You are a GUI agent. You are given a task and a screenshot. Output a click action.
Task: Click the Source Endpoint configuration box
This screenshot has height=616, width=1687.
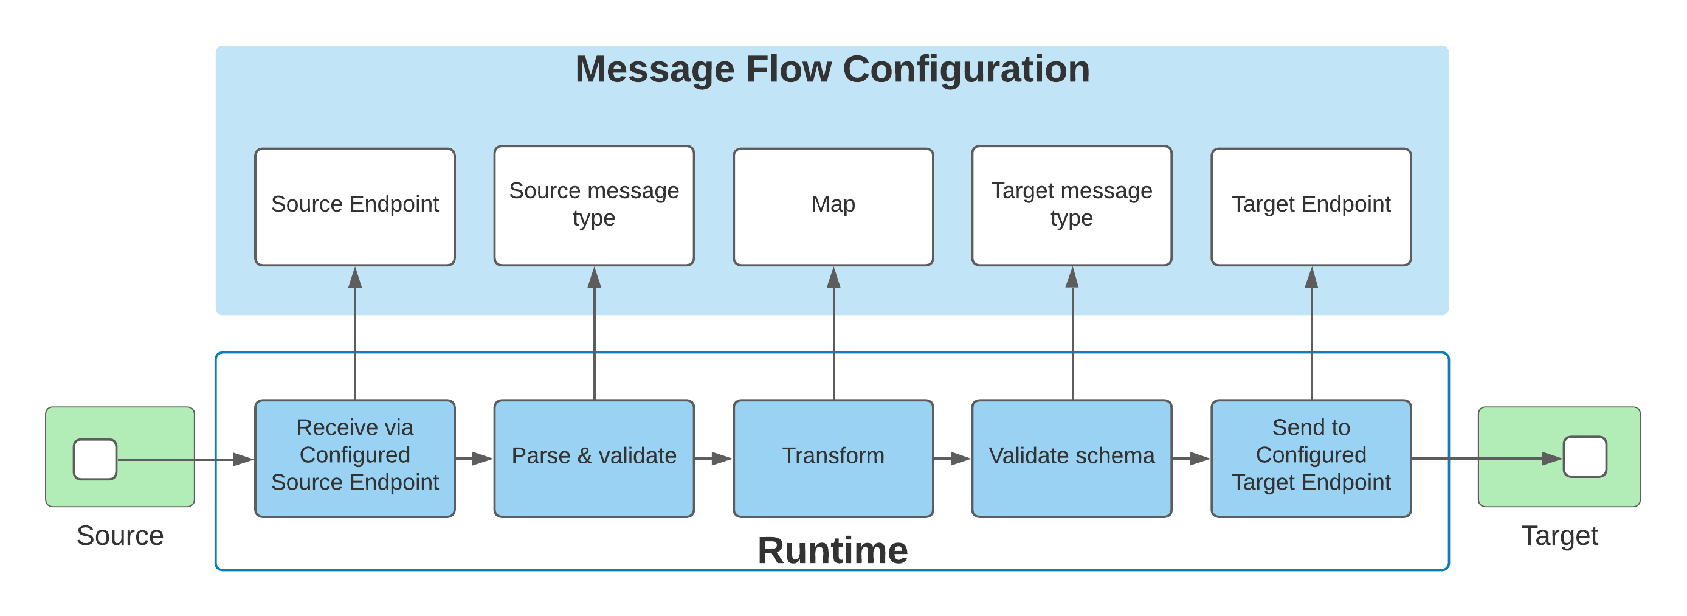(x=354, y=206)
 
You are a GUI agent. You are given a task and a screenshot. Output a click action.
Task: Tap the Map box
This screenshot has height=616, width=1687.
(x=833, y=206)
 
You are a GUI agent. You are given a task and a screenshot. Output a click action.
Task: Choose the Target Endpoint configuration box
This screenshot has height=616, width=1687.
(x=1311, y=206)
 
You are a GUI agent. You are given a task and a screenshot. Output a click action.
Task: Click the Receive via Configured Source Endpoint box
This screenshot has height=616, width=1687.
(x=354, y=458)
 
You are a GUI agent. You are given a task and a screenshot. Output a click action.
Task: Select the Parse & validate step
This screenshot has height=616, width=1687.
(x=593, y=458)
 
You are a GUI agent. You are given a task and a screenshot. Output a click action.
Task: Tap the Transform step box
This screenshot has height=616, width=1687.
(x=833, y=458)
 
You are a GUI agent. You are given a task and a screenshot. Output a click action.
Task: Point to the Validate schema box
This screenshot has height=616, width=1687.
(x=1071, y=458)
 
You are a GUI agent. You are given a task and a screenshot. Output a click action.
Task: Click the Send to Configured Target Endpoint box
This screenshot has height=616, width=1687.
(x=1311, y=458)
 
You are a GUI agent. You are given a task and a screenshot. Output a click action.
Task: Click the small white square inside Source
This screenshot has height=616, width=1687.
(x=95, y=459)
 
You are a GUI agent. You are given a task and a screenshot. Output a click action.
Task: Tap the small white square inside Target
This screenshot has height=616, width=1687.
(x=1585, y=457)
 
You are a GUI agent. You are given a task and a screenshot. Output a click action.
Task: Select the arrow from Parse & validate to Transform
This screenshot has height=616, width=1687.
(x=714, y=459)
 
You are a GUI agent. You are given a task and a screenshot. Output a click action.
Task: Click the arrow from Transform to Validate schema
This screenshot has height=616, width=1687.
(x=953, y=459)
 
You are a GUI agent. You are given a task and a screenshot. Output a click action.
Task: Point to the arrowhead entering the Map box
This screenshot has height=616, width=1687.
(x=833, y=278)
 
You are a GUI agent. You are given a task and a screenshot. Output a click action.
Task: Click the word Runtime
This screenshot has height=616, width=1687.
(x=832, y=550)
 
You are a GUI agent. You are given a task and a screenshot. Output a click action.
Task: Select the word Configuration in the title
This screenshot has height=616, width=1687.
(x=965, y=69)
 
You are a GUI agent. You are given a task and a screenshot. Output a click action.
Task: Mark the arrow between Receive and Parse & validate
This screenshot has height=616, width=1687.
(x=474, y=459)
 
